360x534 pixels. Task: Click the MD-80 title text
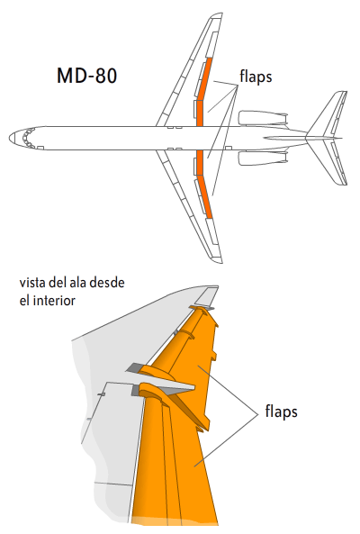tap(88, 77)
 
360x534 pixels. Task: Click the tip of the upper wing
tap(217, 18)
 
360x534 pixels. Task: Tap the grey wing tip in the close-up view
tap(208, 294)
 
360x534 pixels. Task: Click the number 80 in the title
tap(104, 77)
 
